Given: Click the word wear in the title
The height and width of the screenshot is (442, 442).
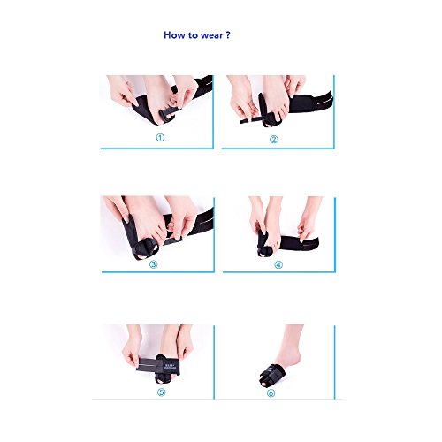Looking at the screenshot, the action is point(211,35).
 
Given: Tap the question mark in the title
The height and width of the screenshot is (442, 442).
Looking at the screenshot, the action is point(228,34).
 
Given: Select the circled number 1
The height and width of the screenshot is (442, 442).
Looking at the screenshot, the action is point(160,138).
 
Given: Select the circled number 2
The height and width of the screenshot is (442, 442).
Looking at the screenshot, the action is point(274,139).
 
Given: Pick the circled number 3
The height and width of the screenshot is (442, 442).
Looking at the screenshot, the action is point(153,264).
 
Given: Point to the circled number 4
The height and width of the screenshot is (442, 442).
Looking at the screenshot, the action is point(278,264).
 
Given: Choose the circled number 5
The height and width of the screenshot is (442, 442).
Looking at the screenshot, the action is point(162,392).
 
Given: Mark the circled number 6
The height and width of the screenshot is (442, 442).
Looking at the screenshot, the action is point(271,392).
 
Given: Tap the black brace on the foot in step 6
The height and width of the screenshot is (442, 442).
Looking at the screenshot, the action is point(272,375).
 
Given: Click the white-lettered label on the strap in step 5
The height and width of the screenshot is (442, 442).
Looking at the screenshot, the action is point(167,366).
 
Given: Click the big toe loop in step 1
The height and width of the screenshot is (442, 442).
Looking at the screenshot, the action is point(167,114).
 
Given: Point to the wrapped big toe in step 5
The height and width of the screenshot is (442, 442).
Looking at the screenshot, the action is point(164,378).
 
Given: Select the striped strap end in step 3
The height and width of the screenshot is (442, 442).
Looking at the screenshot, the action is point(202,222).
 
